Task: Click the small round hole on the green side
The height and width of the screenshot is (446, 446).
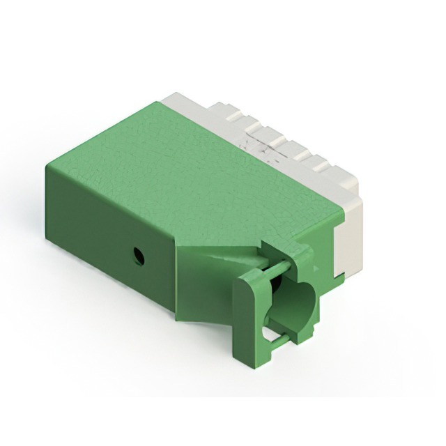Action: coord(139,256)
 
